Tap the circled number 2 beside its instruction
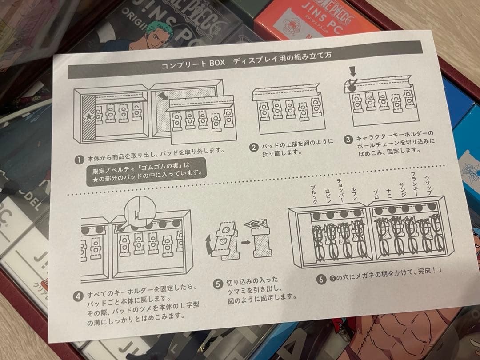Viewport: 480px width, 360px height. coord(254,147)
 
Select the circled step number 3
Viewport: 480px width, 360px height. coord(349,138)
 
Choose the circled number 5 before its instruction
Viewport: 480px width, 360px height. coord(217,283)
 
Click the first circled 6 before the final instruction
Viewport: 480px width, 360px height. coord(321,279)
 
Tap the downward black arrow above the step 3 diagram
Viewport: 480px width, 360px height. coord(352,71)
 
